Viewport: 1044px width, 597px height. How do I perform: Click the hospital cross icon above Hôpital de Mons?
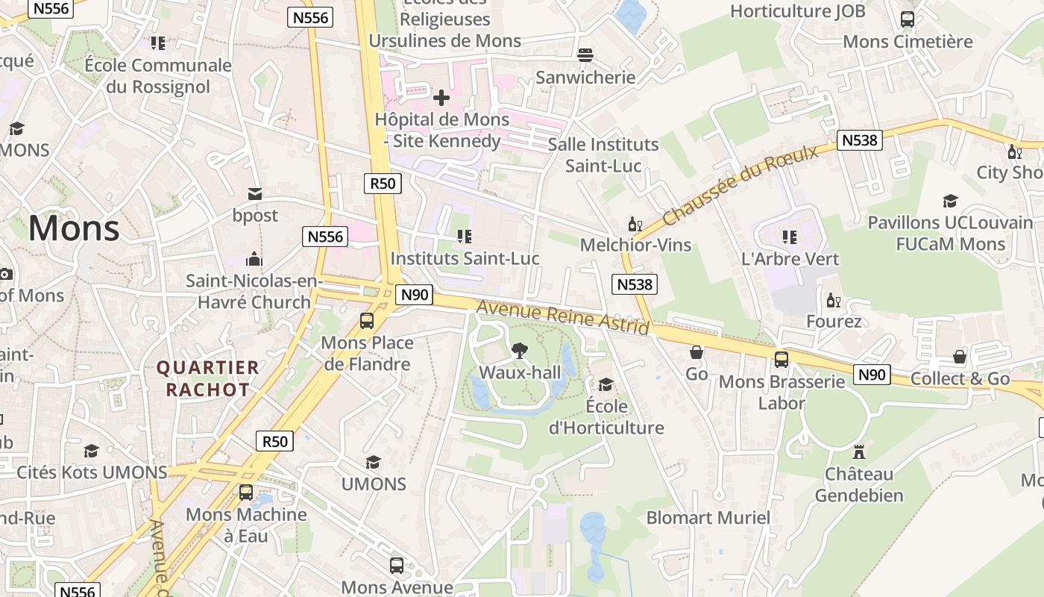tap(441, 97)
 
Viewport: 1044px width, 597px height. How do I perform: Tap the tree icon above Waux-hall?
tap(519, 350)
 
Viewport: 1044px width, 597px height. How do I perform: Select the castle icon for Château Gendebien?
tap(858, 452)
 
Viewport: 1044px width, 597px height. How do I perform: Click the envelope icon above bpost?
tap(255, 194)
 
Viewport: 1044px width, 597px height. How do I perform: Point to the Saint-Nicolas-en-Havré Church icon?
tap(254, 259)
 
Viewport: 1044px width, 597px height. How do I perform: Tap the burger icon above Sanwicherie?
tap(585, 55)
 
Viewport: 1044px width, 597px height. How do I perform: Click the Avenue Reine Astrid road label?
tap(562, 317)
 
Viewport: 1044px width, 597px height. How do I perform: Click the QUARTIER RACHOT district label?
tap(207, 378)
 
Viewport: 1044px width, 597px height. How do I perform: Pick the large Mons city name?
tap(74, 228)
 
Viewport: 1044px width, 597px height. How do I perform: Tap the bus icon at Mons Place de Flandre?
tap(367, 321)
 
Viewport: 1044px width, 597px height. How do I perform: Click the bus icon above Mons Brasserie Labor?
tap(782, 360)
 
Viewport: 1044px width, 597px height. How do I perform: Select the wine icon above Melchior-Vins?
tap(635, 224)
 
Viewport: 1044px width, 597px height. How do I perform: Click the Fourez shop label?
tap(834, 322)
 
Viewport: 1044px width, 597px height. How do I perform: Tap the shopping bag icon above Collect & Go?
tap(960, 357)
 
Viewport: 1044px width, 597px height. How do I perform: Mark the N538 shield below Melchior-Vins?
tap(635, 284)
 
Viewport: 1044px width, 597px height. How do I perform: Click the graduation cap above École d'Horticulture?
tap(606, 385)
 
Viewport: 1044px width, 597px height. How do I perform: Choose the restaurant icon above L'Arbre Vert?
tap(790, 237)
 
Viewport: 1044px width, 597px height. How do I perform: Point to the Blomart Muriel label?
tap(708, 518)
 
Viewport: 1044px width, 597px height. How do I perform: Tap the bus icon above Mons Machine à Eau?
tap(246, 493)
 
